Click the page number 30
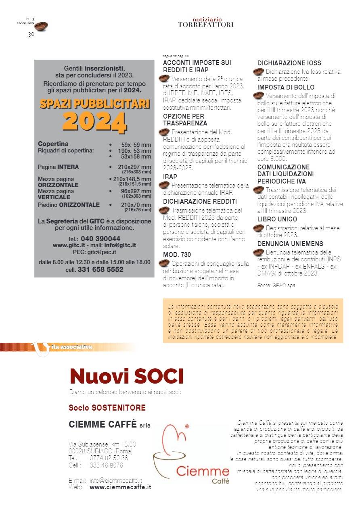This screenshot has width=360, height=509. (x=31, y=35)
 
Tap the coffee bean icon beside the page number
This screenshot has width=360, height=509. (x=41, y=26)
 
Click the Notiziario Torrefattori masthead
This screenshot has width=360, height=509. (x=205, y=22)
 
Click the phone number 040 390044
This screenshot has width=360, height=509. (x=100, y=238)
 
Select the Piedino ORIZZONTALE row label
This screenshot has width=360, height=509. (x=69, y=205)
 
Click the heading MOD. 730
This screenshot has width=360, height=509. (x=177, y=255)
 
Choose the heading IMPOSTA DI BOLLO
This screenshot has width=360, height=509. (x=286, y=87)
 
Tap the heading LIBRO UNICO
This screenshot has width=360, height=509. (x=277, y=219)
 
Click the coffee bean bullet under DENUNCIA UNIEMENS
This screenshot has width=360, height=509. (x=258, y=252)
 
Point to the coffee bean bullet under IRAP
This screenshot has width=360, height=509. (x=164, y=185)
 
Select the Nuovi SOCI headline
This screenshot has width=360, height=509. (x=126, y=376)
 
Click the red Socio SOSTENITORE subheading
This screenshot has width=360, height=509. (x=107, y=408)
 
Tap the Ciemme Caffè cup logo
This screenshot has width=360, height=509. (x=178, y=452)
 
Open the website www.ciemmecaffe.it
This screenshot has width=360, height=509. (x=120, y=487)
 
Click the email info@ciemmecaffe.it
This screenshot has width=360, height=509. (x=115, y=480)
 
